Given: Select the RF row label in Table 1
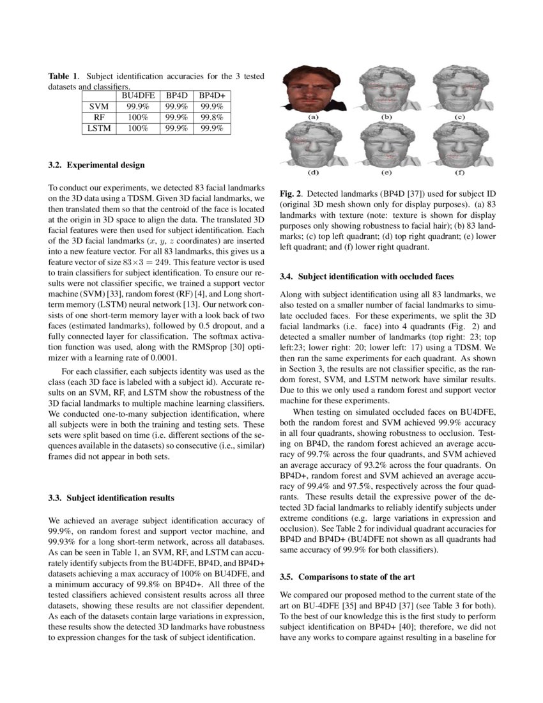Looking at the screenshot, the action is pyautogui.click(x=99, y=118).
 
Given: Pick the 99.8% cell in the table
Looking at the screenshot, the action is pyautogui.click(x=211, y=118).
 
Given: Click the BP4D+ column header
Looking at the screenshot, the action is pyautogui.click(x=211, y=95).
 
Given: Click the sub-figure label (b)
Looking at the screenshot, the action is pyautogui.click(x=386, y=117).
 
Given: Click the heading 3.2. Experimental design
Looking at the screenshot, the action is pyautogui.click(x=96, y=165).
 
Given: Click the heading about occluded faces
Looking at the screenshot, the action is pyautogui.click(x=367, y=277).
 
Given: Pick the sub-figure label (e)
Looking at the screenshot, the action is pyautogui.click(x=386, y=173).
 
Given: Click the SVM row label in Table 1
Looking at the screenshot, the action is pyautogui.click(x=99, y=106).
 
